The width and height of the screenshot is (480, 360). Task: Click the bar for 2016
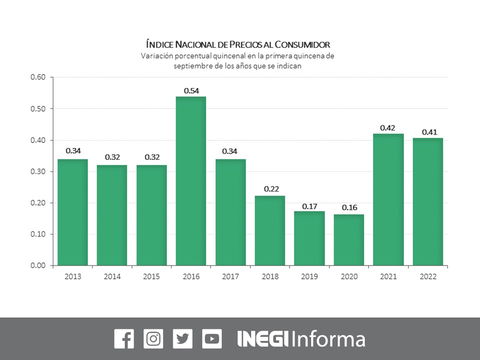point(191,180)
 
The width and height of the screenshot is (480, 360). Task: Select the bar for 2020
point(349,239)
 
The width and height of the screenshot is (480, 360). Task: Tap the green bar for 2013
point(72,212)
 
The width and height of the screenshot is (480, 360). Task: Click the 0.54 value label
point(191,90)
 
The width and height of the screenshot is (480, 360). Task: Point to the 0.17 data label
point(309,205)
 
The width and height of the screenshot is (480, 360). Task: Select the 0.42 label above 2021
point(388,128)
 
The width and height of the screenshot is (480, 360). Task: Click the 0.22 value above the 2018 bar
point(270,190)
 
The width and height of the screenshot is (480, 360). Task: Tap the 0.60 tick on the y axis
point(38,77)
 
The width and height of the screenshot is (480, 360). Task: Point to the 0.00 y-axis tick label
point(38,265)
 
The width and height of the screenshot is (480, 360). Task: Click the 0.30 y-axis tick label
point(38,171)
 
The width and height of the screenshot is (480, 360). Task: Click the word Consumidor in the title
point(299,45)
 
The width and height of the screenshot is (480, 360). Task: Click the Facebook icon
point(124,338)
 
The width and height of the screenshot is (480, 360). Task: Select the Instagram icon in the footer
point(153,338)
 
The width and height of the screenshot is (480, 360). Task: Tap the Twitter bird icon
point(182,338)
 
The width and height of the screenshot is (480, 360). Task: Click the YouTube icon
point(212,338)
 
